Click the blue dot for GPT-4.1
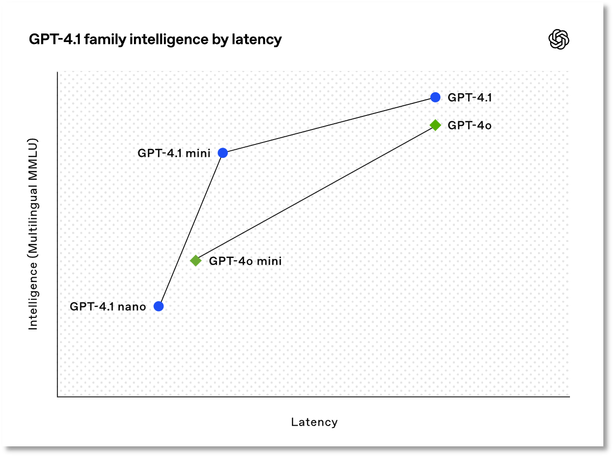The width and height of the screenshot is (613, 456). coord(435,97)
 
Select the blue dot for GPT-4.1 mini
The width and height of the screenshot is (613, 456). coord(222,153)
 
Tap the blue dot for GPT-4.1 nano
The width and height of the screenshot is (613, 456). coord(159,306)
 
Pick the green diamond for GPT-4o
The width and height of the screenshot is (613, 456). coord(435,125)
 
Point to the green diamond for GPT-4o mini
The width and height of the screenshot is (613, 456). coord(196,261)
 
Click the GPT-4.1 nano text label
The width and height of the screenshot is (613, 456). coord(108,307)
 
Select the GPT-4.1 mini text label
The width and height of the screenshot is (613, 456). coord(174,153)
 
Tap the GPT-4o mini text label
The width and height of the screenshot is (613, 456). coord(245,261)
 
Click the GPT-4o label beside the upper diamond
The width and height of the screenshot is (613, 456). coord(469,126)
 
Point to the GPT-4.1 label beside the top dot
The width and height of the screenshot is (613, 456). coord(469,98)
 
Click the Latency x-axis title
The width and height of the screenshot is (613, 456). coord(314,422)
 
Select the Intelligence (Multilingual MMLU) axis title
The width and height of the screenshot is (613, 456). coord(32,234)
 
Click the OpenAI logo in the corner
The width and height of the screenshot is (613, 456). coord(558,40)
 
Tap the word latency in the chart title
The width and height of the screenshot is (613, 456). coord(257,40)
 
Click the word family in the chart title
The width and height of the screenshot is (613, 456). coord(105,40)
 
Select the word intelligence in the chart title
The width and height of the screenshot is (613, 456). coord(169,40)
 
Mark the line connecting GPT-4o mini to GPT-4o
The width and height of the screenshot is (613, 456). coord(315,193)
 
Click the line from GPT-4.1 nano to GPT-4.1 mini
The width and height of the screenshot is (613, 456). coord(190,229)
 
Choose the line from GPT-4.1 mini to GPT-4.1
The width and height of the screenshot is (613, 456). coord(329,125)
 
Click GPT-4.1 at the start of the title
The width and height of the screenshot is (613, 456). coord(55,39)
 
